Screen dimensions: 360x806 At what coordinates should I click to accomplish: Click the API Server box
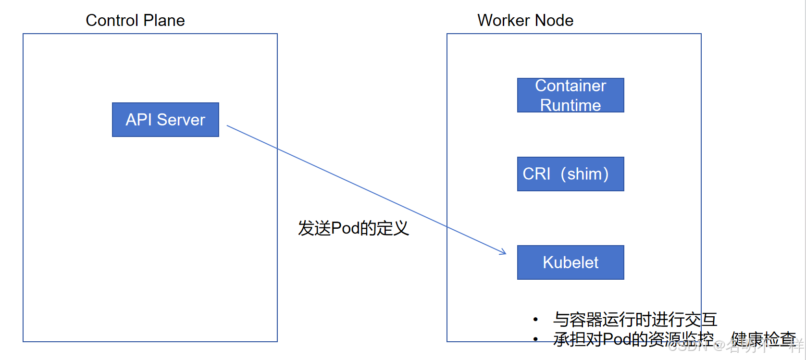[165, 120]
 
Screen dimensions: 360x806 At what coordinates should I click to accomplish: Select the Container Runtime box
[570, 95]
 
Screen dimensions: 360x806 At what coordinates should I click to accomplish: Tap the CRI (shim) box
[570, 174]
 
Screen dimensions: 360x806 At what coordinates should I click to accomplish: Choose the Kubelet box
[570, 262]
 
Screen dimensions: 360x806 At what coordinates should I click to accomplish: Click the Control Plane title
[135, 20]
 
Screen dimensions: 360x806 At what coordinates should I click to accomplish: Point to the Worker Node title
[525, 20]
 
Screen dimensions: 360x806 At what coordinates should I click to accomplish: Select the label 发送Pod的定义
[353, 228]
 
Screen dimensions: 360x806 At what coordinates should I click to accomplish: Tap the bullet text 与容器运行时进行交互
[634, 319]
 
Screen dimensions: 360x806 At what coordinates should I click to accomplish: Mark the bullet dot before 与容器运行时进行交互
[535, 319]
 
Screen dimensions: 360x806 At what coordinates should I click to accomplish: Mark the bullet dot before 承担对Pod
[535, 339]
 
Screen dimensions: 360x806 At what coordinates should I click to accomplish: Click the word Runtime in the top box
[570, 105]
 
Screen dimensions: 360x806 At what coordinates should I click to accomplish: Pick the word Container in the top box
[570, 86]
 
